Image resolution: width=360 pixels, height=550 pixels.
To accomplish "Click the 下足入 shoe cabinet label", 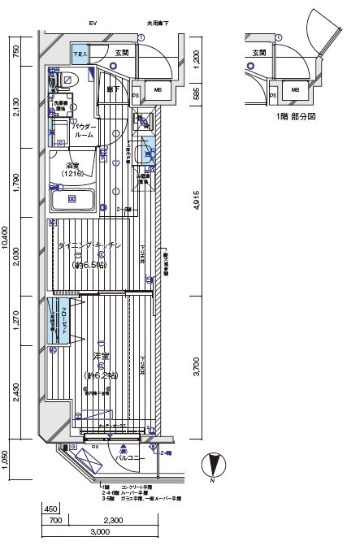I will [x=80, y=54].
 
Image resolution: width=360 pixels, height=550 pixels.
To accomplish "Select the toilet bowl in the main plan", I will [x=68, y=82].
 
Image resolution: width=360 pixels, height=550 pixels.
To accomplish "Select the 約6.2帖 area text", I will [x=101, y=375].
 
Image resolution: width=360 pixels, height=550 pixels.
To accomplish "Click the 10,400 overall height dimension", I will [x=7, y=240].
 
